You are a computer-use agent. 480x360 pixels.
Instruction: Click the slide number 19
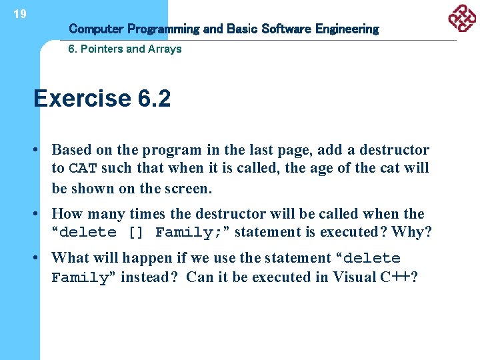point(20,14)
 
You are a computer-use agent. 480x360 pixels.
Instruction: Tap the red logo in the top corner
point(462,18)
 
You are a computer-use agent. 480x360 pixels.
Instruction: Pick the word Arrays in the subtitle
point(165,49)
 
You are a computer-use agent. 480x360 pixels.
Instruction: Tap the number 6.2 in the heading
point(154,99)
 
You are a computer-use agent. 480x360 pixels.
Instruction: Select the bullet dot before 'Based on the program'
point(40,150)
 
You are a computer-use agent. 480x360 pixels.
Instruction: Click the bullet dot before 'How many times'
point(40,214)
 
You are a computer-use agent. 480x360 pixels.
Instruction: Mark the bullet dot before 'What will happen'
point(40,258)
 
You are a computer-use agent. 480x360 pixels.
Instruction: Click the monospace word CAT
point(83,169)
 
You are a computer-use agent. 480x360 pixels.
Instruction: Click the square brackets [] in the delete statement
point(135,233)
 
